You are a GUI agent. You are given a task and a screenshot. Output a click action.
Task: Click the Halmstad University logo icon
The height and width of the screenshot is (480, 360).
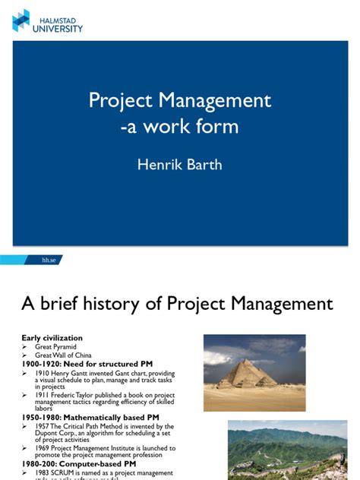coord(21,21)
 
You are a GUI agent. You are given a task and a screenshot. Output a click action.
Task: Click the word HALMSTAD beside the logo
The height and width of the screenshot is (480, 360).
coord(51,17)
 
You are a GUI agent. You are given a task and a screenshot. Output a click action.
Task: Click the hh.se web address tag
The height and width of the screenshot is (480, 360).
coord(51,260)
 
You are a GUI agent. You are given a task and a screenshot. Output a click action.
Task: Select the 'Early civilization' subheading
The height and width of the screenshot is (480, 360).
coord(52,338)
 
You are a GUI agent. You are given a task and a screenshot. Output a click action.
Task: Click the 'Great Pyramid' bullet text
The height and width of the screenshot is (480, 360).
coord(55,346)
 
